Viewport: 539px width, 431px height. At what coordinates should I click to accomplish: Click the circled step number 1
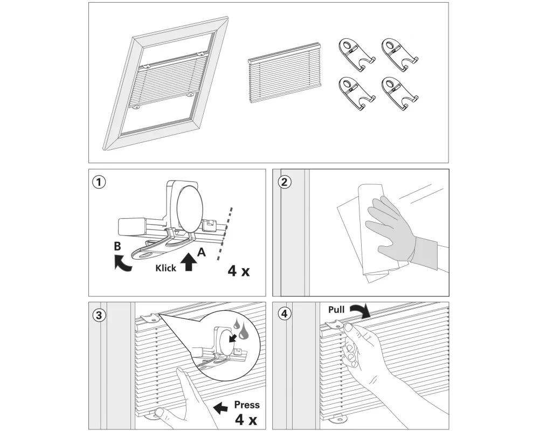point(98,182)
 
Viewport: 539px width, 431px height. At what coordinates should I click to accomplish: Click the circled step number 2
point(284,182)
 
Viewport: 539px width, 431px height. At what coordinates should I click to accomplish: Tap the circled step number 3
point(98,315)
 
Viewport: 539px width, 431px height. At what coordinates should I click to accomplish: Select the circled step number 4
point(284,315)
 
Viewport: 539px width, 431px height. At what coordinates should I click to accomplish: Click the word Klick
point(166,268)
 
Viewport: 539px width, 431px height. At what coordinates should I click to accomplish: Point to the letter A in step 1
point(201,251)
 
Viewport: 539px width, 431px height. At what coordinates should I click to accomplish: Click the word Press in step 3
point(246,405)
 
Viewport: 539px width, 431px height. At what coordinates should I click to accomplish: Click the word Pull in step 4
point(336,310)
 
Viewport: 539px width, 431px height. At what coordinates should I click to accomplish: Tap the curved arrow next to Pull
point(360,310)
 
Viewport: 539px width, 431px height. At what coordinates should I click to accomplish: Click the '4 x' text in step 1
point(239,270)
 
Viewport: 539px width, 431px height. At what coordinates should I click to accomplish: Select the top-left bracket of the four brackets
point(356,54)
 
